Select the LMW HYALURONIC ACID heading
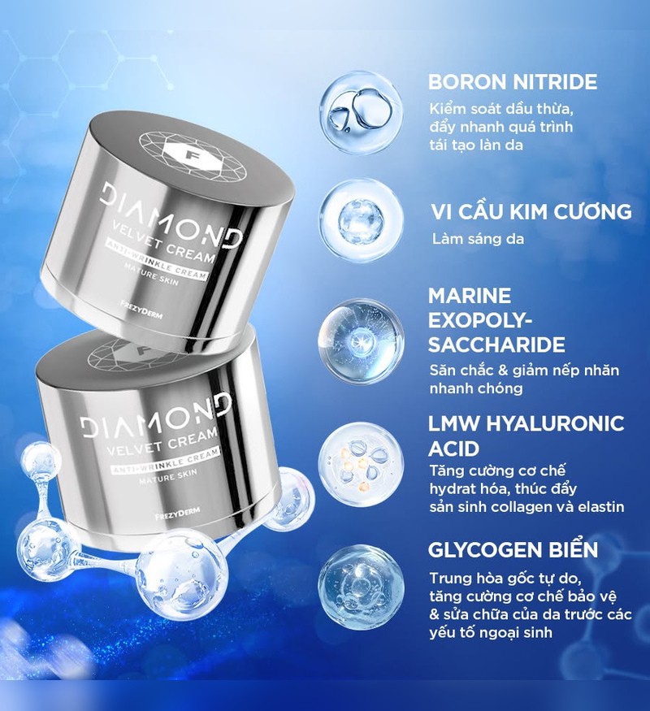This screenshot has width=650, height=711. pyautogui.click(x=526, y=436)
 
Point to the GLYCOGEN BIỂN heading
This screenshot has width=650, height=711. pyautogui.click(x=513, y=548)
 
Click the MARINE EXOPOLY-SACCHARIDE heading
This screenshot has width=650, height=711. pyautogui.click(x=496, y=320)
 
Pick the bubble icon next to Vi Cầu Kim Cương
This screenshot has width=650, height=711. pyautogui.click(x=361, y=220)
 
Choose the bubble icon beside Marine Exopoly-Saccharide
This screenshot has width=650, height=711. pyautogui.click(x=361, y=340)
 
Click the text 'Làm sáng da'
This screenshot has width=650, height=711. pyautogui.click(x=478, y=239)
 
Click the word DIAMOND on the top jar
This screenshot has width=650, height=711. pyautogui.click(x=171, y=213)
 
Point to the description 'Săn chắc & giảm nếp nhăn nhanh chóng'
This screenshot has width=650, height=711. pyautogui.click(x=524, y=379)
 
